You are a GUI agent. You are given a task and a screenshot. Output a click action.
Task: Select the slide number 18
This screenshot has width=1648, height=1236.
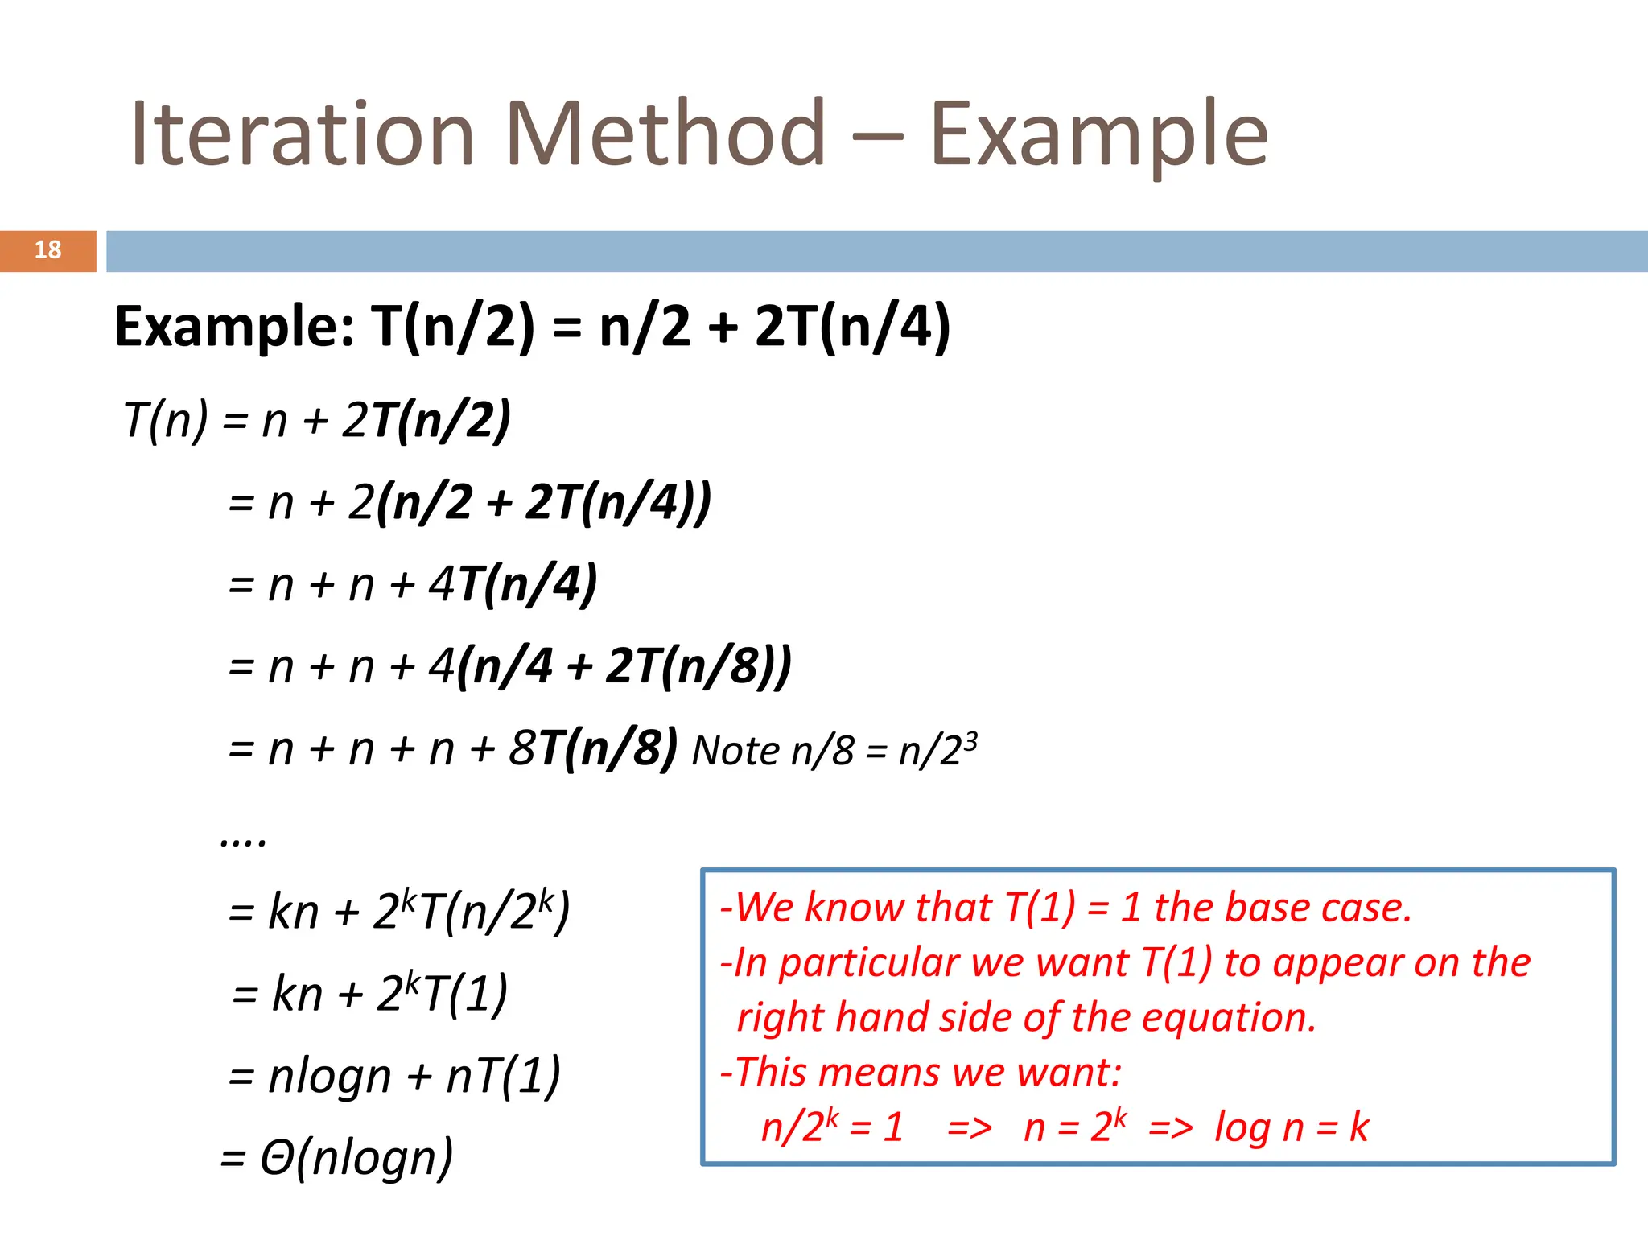(47, 250)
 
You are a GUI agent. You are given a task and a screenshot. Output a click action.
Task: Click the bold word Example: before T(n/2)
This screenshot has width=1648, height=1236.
(234, 327)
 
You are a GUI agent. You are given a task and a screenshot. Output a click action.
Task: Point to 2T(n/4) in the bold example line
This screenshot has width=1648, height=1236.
(852, 327)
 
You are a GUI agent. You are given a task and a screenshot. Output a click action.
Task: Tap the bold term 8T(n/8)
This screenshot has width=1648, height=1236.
(594, 748)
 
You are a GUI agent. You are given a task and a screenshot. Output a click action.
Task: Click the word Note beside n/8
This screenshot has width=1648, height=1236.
(735, 752)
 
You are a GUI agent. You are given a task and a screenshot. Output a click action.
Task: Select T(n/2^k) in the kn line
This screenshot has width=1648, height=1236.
(494, 912)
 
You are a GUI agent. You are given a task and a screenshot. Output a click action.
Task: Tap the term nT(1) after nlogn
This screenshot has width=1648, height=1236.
(503, 1076)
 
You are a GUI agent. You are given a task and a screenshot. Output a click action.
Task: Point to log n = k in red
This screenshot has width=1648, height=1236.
(1291, 1127)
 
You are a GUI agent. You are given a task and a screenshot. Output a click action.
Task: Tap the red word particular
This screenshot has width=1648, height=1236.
(870, 963)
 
